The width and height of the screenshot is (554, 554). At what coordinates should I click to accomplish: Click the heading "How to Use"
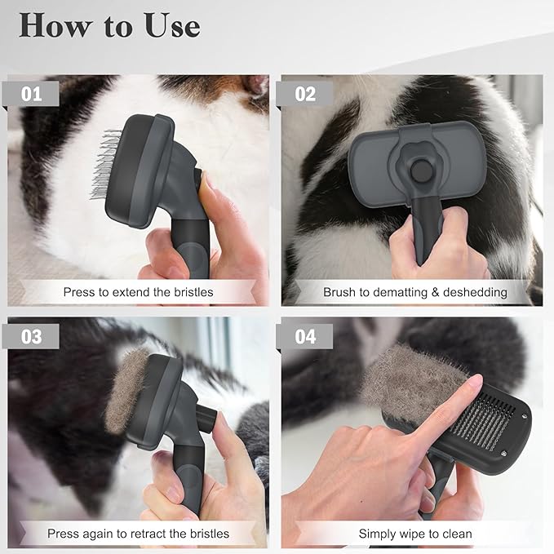tap(109, 25)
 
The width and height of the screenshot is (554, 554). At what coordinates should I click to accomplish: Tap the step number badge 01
tap(33, 94)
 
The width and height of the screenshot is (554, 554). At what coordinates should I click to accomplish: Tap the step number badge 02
tap(305, 94)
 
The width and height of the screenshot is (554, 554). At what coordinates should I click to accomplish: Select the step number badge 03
tap(33, 336)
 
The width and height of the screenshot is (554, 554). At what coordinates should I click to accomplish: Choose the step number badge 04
tap(305, 336)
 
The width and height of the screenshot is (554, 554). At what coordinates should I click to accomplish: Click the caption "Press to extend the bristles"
tap(138, 291)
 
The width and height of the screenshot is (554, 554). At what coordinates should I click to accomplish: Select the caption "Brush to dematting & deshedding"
tap(414, 291)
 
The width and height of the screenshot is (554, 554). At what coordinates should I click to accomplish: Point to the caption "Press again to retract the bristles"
tap(138, 534)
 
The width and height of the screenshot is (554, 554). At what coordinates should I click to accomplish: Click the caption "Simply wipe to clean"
tap(414, 534)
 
